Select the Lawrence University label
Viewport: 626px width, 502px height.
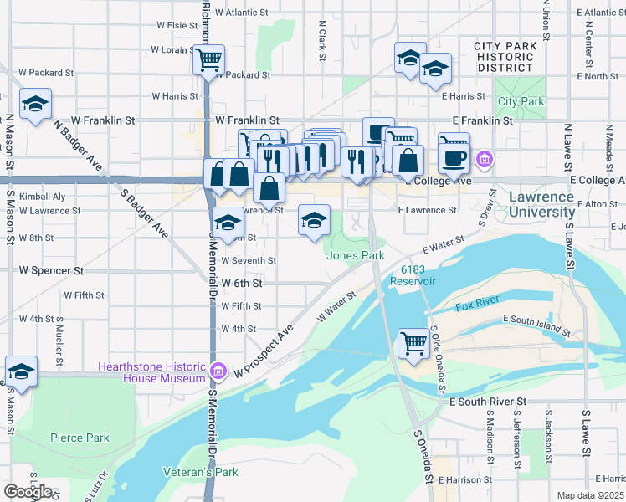[541, 205]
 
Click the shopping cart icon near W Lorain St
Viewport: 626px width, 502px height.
[208, 59]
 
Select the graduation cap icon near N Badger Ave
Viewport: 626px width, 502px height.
[35, 105]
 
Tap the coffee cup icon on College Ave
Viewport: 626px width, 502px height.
[454, 156]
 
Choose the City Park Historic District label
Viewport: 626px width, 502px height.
[503, 57]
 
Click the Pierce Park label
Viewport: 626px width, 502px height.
[80, 438]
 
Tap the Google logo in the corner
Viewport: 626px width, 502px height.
[28, 492]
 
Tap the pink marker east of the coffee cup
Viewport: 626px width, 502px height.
[484, 158]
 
